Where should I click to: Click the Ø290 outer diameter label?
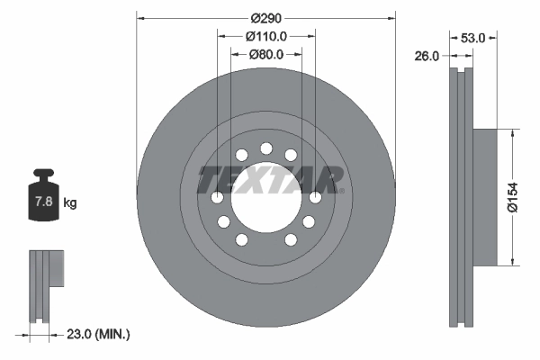pos(266,18)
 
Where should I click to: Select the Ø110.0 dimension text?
pos(266,36)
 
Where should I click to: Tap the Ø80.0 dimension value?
pos(266,54)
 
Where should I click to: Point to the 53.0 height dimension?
pos(472,38)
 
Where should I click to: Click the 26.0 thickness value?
pos(427,56)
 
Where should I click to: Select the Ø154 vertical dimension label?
pos(513,196)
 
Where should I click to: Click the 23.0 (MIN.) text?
pos(99,334)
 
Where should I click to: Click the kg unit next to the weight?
pos(70,202)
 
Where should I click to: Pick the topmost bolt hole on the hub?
pos(265,148)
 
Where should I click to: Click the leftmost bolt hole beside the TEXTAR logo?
pos(217,198)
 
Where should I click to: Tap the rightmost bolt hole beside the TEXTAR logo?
pos(315,198)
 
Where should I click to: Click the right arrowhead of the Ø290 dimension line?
pos(391,18)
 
